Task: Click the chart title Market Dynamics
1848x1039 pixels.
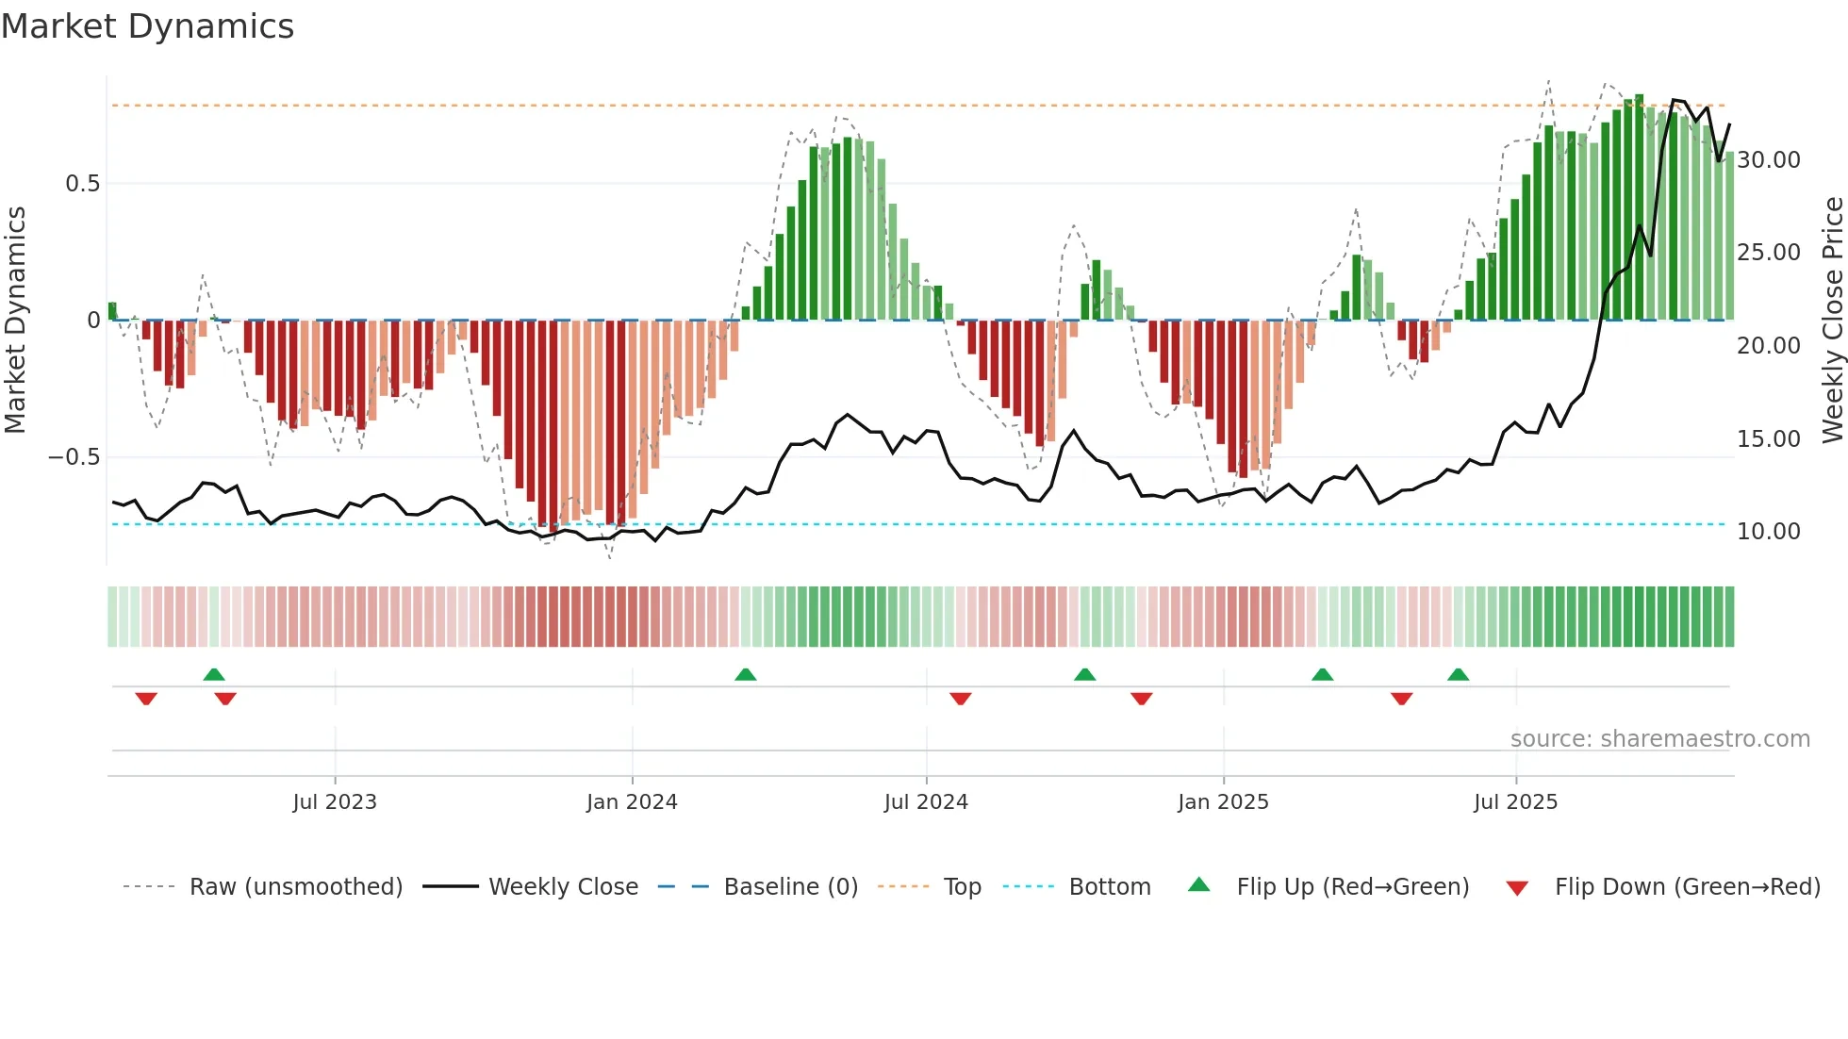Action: click(147, 26)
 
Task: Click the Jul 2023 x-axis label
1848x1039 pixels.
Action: click(335, 802)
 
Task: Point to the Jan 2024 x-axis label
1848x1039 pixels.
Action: click(632, 802)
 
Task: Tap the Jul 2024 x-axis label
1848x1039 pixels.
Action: click(926, 802)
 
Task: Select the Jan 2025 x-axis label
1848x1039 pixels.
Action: click(1223, 802)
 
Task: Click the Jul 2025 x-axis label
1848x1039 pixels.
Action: click(1515, 802)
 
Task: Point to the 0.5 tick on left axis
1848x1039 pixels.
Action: click(82, 184)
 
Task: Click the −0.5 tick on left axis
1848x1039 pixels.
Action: click(74, 457)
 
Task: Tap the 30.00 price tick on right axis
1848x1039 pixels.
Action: click(1769, 160)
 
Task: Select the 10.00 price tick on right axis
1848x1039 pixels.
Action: click(1769, 532)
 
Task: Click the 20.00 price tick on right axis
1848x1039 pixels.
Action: click(1769, 346)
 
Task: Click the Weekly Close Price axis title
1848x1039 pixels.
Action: click(1832, 321)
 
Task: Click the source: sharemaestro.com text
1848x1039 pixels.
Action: click(1659, 739)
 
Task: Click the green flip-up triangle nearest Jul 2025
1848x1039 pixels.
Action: click(1458, 674)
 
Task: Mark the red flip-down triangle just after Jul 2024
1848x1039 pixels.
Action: click(960, 699)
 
